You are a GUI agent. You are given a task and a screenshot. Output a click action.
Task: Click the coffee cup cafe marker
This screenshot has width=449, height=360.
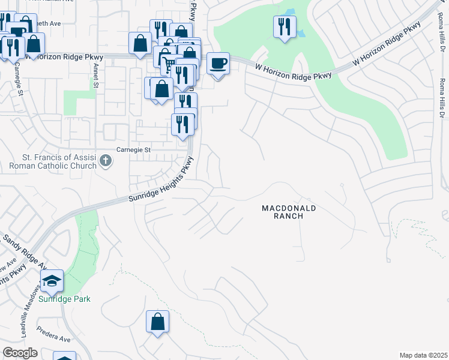point(218,63)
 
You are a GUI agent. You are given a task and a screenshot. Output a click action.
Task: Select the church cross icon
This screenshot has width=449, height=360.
point(106,160)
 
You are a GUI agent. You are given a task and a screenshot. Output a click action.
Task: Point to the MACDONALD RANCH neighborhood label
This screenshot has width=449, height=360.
point(288,212)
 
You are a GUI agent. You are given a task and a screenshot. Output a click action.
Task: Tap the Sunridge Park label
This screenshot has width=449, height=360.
point(65,299)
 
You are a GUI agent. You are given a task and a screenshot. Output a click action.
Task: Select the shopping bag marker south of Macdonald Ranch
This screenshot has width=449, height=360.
point(157,321)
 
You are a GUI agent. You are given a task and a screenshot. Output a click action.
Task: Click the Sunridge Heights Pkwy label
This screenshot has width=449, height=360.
point(162,181)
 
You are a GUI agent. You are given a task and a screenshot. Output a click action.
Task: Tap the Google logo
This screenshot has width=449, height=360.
point(20,353)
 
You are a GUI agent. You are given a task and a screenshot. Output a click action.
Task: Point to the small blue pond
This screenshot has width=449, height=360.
point(289,13)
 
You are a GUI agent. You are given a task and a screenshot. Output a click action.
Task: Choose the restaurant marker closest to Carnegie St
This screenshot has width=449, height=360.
point(182,124)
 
